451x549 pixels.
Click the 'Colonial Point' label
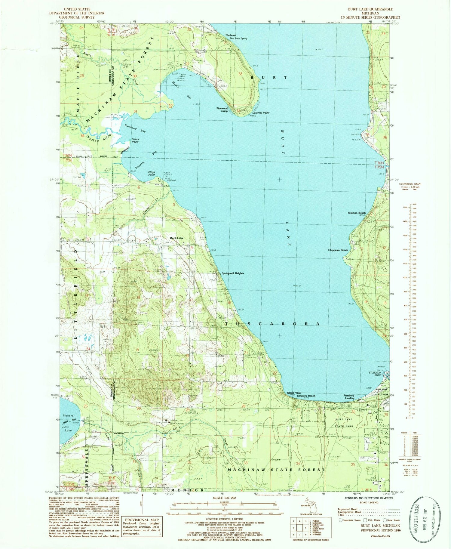click(x=261, y=113)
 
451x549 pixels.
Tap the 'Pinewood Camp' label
click(x=222, y=109)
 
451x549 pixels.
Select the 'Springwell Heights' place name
click(x=233, y=273)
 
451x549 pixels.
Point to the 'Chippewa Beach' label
click(x=338, y=250)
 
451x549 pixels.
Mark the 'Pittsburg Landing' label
click(x=349, y=397)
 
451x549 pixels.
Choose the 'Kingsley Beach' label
click(x=306, y=396)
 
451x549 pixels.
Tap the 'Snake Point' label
click(x=135, y=140)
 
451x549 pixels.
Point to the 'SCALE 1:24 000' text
click(x=225, y=498)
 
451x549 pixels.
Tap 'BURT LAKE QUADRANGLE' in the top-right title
click(x=370, y=9)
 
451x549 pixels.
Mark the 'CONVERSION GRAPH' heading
click(x=410, y=184)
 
